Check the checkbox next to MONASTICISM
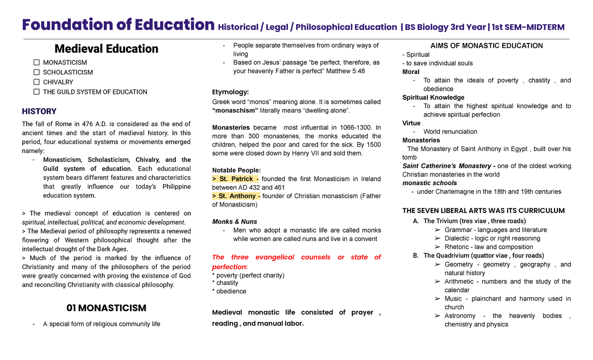(37, 63)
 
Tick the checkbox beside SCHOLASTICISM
(37, 72)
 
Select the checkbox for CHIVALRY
(37, 82)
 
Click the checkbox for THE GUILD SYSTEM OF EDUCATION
(37, 92)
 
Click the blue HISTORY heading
(39, 111)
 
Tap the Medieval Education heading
(106, 48)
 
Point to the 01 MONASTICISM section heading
(106, 308)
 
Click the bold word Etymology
(230, 92)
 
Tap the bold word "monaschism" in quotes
(235, 110)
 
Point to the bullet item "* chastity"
(225, 283)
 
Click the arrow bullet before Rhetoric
(437, 247)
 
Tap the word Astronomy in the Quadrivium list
(460, 316)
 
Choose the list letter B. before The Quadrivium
(416, 255)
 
